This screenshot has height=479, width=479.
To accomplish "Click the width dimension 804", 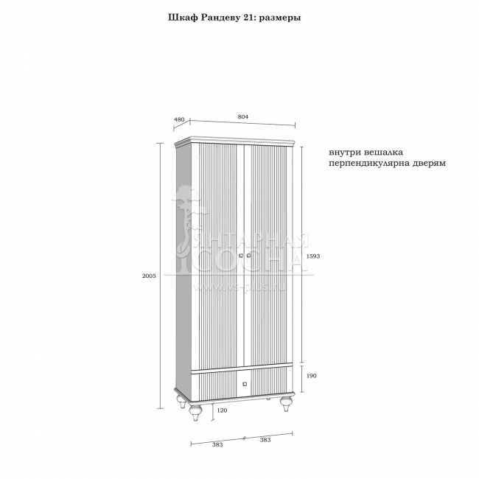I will (x=243, y=116).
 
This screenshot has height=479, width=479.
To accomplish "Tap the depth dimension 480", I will (x=179, y=119).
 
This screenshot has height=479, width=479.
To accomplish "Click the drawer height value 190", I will (x=311, y=375).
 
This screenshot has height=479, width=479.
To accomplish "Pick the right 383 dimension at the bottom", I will (x=265, y=440).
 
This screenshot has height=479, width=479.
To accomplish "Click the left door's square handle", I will (x=240, y=256).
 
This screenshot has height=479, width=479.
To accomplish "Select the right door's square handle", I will (x=250, y=256).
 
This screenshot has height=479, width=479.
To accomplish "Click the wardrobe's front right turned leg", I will (x=284, y=408).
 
